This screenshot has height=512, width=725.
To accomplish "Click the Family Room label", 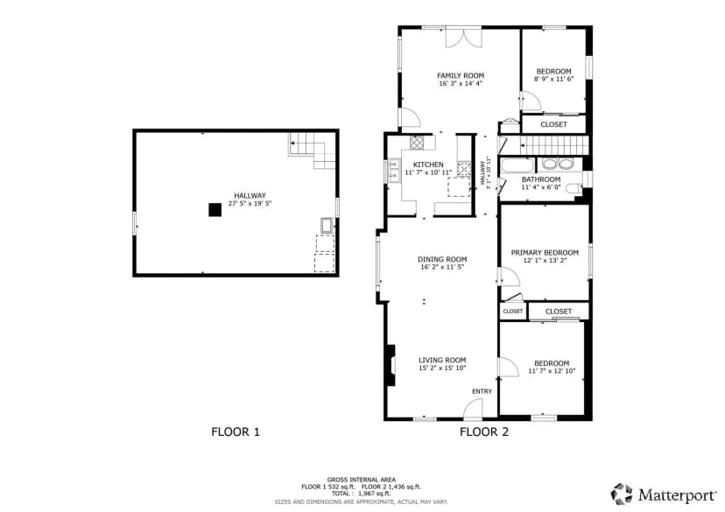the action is click(461, 76).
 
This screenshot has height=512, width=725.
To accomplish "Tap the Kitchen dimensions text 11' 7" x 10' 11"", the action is click(428, 172).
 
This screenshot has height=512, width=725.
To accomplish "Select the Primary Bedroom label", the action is click(545, 253).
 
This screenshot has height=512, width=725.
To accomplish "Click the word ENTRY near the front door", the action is click(482, 391).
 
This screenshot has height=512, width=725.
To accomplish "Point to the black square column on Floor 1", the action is click(215, 210).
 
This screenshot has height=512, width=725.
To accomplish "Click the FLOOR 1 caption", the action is click(236, 432).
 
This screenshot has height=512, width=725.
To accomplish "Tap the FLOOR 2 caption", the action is click(484, 432).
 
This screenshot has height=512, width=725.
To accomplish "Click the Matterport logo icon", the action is click(622, 494).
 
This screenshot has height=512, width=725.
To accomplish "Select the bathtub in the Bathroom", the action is click(517, 166).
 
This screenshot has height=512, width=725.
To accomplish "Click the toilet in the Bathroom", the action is click(574, 187).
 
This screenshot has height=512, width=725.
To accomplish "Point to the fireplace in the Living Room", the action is click(391, 365).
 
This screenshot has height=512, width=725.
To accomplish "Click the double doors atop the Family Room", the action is click(463, 37).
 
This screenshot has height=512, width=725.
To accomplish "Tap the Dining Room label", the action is click(442, 259).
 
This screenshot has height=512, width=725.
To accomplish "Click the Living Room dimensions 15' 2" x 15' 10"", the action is click(442, 368).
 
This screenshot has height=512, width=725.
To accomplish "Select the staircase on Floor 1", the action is click(312, 151).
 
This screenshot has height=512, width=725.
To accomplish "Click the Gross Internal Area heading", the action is click(361, 480).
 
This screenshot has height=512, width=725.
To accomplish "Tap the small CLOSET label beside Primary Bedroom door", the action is click(513, 312).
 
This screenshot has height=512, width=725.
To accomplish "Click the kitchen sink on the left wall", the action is click(394, 170).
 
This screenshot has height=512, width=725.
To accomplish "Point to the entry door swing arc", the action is click(473, 409).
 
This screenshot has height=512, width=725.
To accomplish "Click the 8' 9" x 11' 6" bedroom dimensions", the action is click(553, 79).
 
